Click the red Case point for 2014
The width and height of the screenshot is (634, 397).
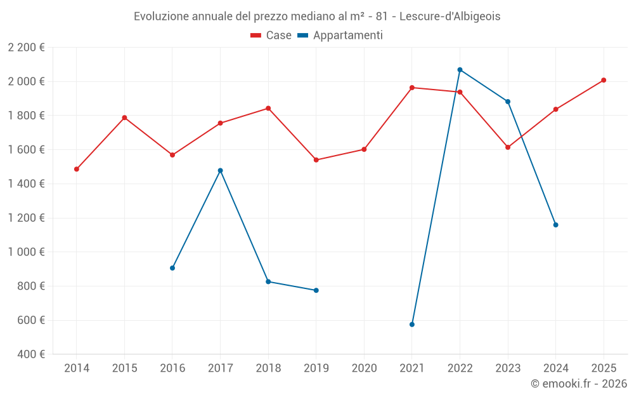point(77,169)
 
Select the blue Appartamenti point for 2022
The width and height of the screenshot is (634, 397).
point(460,70)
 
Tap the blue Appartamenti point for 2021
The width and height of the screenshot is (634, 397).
point(412,325)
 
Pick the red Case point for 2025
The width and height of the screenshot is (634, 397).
point(604,80)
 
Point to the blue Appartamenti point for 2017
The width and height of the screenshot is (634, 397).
point(220,170)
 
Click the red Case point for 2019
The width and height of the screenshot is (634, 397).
point(316,160)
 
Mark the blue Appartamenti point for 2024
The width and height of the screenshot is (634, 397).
point(555,225)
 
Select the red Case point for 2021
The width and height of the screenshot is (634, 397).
point(412,88)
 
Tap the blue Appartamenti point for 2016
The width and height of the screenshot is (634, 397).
point(172,268)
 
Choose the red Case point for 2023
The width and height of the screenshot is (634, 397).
point(508,147)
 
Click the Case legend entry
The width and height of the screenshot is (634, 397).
point(271,36)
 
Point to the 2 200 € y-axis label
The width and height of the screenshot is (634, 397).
point(27,48)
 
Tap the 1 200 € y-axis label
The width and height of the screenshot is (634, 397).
point(27,218)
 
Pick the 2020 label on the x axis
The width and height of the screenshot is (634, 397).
point(364,368)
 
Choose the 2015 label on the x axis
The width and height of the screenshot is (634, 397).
point(124,368)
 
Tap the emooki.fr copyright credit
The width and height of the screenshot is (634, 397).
point(579,384)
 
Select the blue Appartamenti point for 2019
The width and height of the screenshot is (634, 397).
point(316,290)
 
